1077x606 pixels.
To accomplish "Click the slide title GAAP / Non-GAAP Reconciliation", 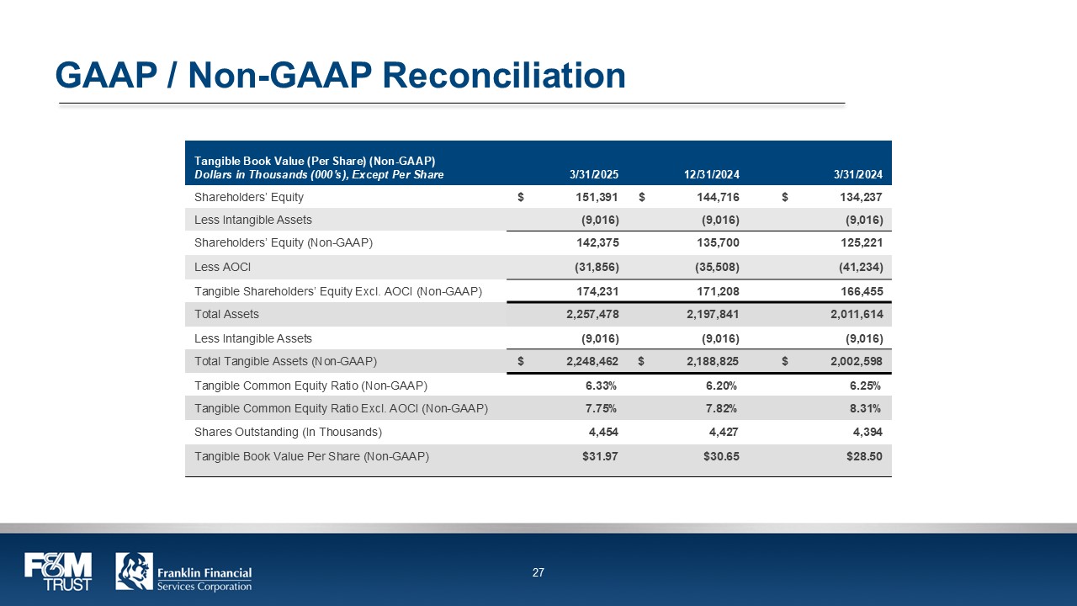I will (340, 76).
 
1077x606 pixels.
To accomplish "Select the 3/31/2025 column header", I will (594, 175).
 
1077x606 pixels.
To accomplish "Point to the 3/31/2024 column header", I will (858, 175).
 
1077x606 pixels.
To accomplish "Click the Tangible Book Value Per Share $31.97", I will (601, 456).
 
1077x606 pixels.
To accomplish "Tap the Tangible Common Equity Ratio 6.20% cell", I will (720, 385).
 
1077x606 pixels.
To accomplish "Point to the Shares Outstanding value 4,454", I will (602, 432).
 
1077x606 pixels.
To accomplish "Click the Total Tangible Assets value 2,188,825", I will (706, 362).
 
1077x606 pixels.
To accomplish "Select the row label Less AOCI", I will (223, 267).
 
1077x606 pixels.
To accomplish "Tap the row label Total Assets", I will (226, 314).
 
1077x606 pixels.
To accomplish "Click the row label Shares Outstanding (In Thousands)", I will (288, 432).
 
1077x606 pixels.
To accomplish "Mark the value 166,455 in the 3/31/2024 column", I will (858, 291).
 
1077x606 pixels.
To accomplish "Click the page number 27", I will (538, 573).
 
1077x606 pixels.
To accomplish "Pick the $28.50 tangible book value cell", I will (863, 456).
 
